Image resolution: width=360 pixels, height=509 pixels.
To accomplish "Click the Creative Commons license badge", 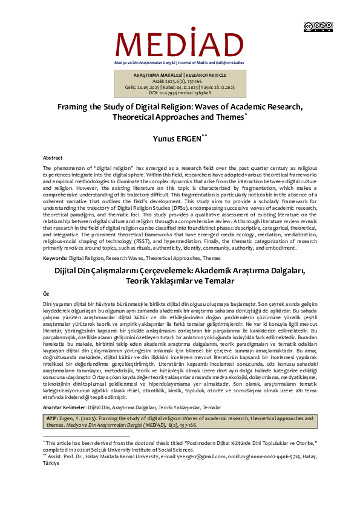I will pos(318,26).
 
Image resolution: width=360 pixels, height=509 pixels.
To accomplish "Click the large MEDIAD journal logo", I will pos(179,42).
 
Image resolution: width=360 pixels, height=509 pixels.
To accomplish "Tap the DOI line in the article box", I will pos(180,93).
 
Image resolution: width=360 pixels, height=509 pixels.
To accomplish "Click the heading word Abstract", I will pos(52,157).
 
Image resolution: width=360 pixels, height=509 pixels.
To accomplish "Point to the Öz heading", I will pos(46,292).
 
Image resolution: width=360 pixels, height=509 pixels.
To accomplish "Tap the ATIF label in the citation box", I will pos(53,418).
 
